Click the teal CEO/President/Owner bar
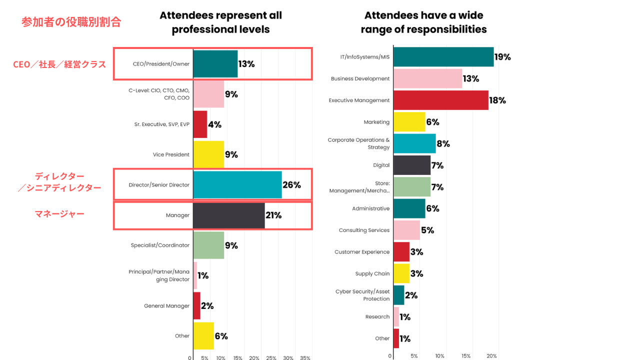tap(215, 64)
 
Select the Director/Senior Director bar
tap(237, 185)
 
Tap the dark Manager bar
tap(229, 215)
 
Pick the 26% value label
tap(291, 185)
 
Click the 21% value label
tap(273, 215)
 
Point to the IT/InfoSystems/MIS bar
tap(443, 57)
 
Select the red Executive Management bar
tap(441, 100)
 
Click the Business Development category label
tap(360, 79)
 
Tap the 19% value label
tap(502, 57)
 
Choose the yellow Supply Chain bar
tap(401, 273)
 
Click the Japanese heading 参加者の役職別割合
tap(71, 22)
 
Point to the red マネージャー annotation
tap(59, 214)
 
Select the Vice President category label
tap(171, 155)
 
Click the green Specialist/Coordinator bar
tap(208, 245)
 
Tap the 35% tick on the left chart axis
tap(305, 358)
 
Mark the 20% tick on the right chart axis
tap(491, 356)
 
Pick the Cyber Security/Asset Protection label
tap(362, 295)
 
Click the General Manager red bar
tap(197, 306)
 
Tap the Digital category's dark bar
tap(412, 165)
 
